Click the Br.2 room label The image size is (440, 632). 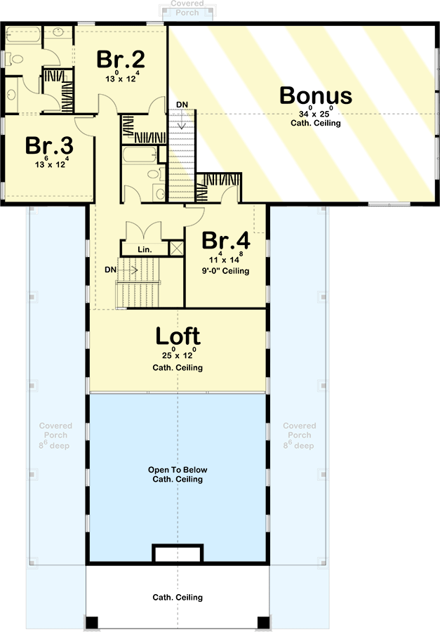pos(121,59)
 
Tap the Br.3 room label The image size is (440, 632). pos(49,145)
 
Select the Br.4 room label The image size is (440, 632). pos(226,240)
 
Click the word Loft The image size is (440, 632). pos(178,336)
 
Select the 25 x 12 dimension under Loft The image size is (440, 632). pos(178,354)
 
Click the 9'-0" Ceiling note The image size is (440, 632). pos(226,271)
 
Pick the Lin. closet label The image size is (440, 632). pos(145,249)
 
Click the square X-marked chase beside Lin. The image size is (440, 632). pos(176,249)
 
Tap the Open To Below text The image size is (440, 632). pos(178,470)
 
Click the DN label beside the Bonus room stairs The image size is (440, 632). pos(182,105)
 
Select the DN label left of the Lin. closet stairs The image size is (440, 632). pos(110,270)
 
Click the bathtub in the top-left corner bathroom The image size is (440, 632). pos(23,35)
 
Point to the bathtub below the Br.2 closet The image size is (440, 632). pos(140,154)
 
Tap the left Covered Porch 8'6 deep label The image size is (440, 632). pos(55,435)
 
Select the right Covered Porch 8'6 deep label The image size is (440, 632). pos(299,435)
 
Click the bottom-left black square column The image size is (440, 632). pos(92,622)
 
